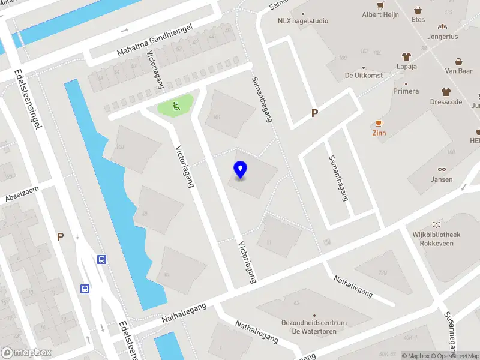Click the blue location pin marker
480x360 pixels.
click(240, 170)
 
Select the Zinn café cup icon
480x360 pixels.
click(379, 123)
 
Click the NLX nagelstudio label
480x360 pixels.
click(303, 20)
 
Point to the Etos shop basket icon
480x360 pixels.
click(418, 10)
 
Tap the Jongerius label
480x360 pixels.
click(443, 36)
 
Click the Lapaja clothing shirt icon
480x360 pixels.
click(406, 56)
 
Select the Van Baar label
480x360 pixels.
click(458, 71)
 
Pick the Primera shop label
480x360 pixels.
click(406, 91)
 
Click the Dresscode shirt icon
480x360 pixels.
click(446, 92)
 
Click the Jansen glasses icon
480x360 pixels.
click(442, 170)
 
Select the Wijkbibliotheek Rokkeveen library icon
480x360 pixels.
click(436, 224)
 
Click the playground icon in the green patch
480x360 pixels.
click(176, 106)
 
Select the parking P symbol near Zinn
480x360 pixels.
click(314, 113)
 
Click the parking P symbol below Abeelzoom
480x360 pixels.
click(60, 236)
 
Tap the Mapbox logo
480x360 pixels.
click(26, 352)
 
